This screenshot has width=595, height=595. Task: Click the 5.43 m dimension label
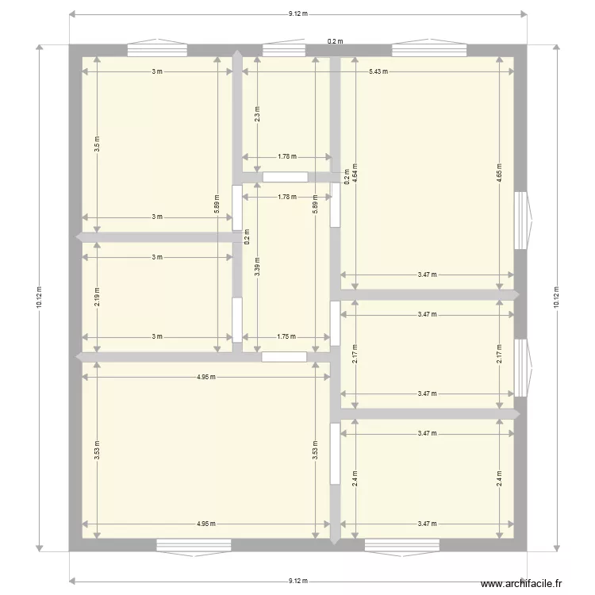[x=378, y=71]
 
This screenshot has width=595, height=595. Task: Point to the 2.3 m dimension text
[x=256, y=117]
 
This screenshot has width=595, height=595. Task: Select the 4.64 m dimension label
[x=355, y=173]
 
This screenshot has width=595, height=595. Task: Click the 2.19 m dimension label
[x=97, y=296]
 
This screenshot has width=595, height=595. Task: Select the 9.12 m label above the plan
[x=297, y=13]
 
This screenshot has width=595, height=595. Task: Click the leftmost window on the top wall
[x=157, y=50]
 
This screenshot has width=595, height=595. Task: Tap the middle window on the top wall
[x=284, y=50]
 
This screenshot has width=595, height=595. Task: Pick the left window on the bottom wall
[x=194, y=544]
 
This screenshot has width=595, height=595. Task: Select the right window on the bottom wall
[x=401, y=544]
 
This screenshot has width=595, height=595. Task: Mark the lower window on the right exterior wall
[x=520, y=367]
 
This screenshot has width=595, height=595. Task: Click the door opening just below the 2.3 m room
[x=285, y=178]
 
